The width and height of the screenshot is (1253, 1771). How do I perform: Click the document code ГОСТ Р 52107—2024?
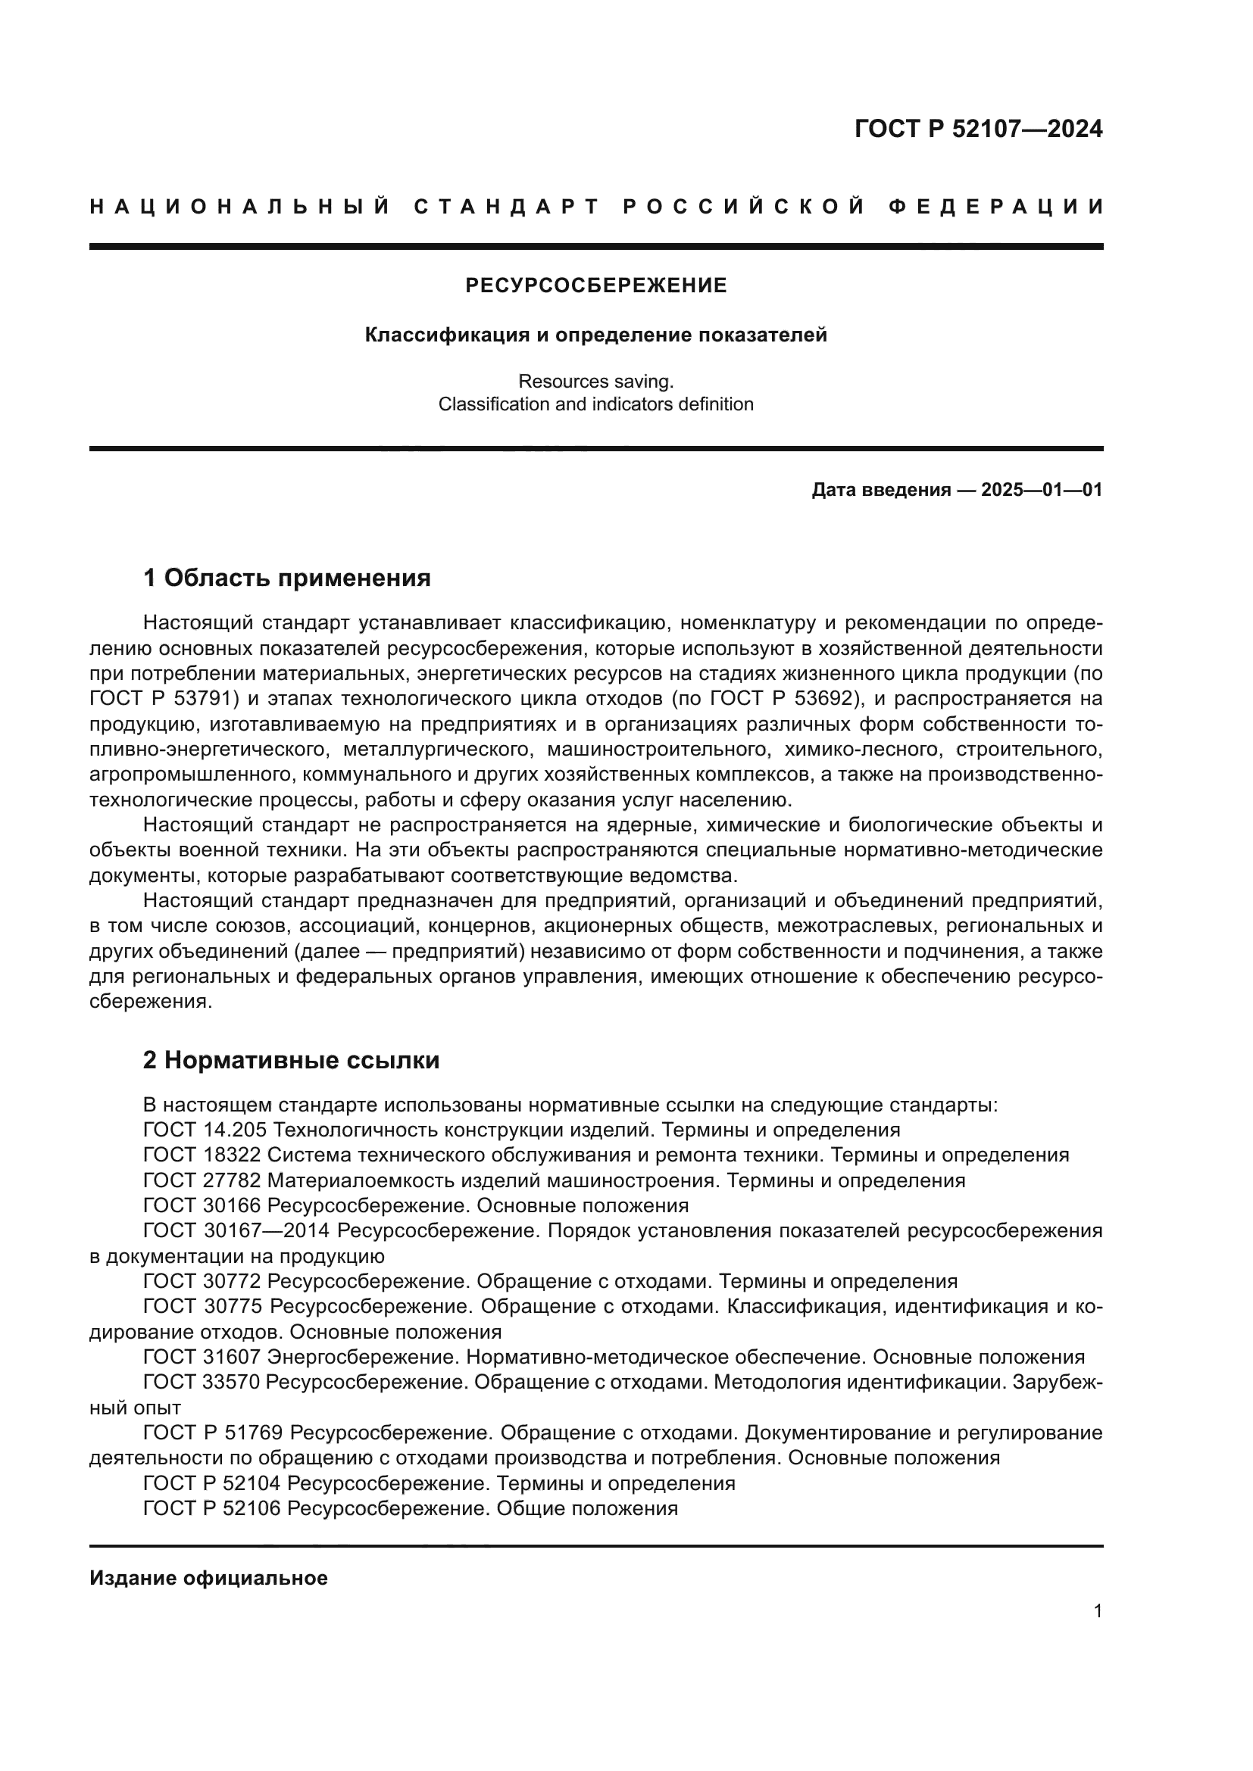[977, 129]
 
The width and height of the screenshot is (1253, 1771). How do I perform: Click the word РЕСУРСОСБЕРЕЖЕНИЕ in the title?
[595, 286]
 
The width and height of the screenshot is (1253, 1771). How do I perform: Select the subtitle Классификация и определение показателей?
[595, 335]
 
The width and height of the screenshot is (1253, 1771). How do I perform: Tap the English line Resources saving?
[595, 381]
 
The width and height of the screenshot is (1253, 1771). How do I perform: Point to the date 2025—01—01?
[1041, 490]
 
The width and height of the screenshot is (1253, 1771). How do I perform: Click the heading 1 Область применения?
[286, 578]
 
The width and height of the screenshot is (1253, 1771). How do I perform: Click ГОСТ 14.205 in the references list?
[205, 1130]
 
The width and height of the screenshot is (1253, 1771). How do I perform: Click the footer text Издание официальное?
[208, 1578]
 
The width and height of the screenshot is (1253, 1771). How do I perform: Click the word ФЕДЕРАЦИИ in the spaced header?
[995, 207]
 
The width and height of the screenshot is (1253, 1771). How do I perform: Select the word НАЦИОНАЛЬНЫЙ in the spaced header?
[240, 207]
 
